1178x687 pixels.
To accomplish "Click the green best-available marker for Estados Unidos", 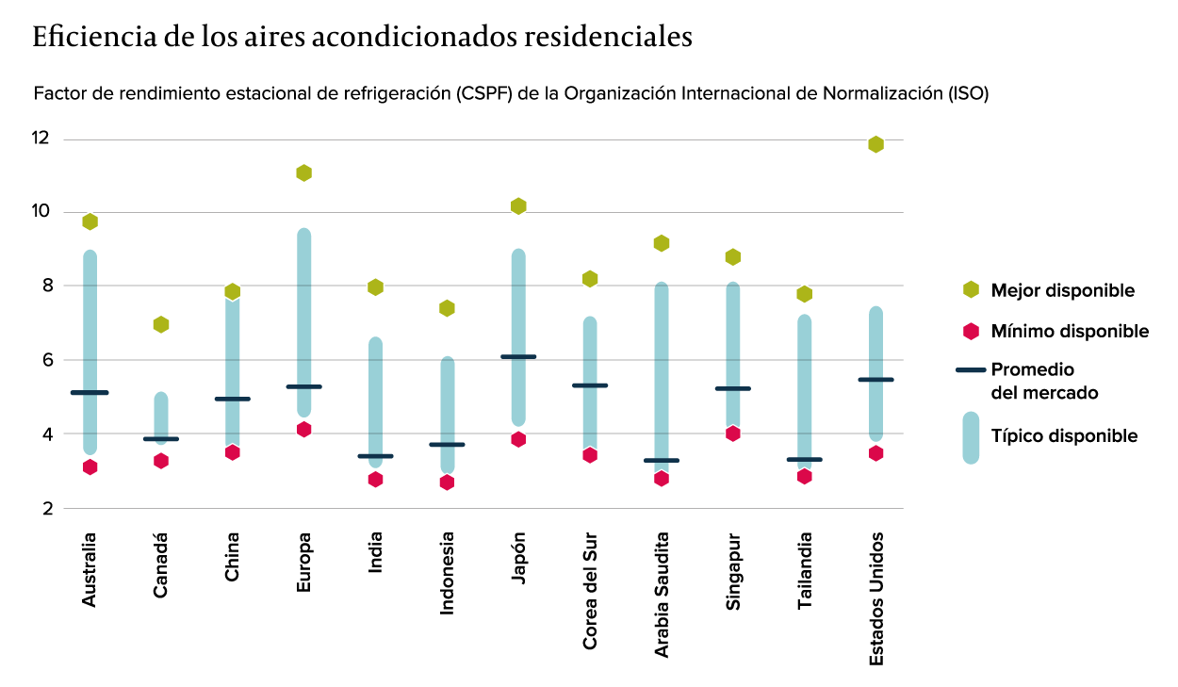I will tap(875, 144).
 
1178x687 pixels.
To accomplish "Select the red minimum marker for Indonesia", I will tap(447, 483).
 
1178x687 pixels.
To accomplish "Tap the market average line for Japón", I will tap(518, 356).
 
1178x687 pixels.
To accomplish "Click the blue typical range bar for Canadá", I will tap(161, 415).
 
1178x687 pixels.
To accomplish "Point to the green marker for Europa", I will tap(303, 172).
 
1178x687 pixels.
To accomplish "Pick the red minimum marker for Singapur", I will tap(733, 433).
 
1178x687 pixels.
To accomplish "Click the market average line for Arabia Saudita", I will tap(662, 460).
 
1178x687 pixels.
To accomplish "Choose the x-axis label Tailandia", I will tap(805, 570).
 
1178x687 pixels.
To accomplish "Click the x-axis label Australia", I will tap(90, 568).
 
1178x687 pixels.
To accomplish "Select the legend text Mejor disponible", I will tap(1062, 290).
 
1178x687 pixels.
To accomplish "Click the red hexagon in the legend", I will tap(971, 331).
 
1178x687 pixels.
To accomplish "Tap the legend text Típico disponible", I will tap(1064, 435).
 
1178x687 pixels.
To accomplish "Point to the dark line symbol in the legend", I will tap(971, 370).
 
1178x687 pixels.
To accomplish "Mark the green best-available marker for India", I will tap(375, 287).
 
